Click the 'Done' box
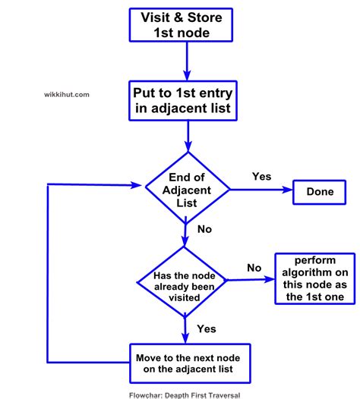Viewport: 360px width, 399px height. click(320, 192)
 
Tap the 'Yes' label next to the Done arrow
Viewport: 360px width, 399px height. click(261, 176)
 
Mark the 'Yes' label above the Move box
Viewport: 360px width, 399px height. click(206, 328)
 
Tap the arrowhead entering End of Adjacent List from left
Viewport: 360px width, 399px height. click(137, 184)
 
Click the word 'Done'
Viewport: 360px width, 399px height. click(320, 192)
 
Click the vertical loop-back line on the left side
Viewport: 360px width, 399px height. click(47, 273)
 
